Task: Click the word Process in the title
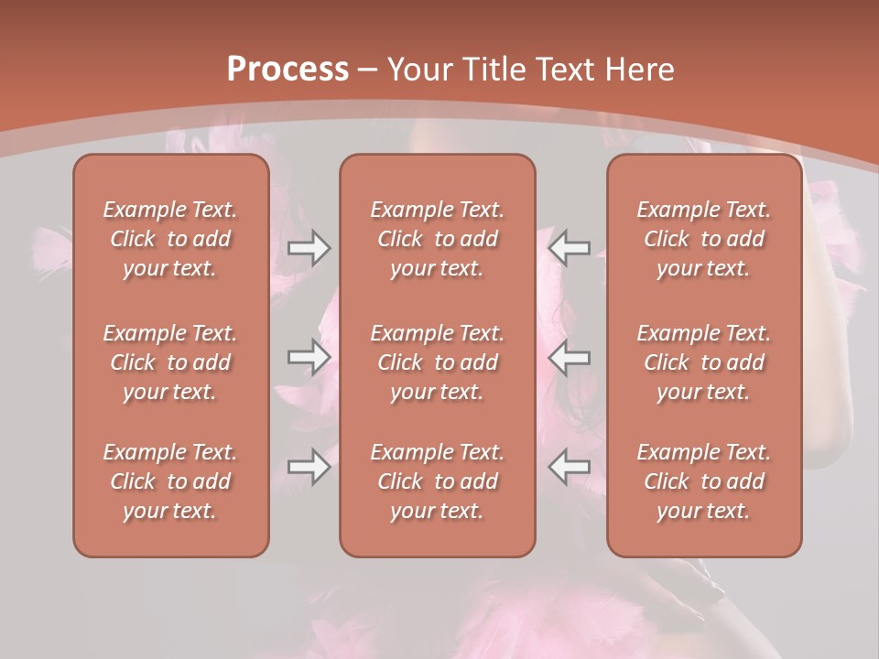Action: click(x=288, y=69)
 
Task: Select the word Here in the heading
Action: click(x=639, y=69)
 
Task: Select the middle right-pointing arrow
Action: click(x=309, y=357)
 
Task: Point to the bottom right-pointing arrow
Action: click(x=309, y=467)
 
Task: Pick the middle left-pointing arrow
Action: click(x=570, y=357)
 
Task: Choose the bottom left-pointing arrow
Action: click(x=570, y=467)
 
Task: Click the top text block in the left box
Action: click(x=170, y=239)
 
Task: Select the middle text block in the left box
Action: click(x=170, y=362)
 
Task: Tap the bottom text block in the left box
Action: click(x=170, y=481)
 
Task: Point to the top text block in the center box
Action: click(x=438, y=239)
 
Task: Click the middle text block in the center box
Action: click(x=438, y=362)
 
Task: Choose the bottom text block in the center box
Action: click(x=438, y=481)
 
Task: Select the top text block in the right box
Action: click(x=704, y=239)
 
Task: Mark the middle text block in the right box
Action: click(x=704, y=362)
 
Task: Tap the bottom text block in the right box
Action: click(x=704, y=481)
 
